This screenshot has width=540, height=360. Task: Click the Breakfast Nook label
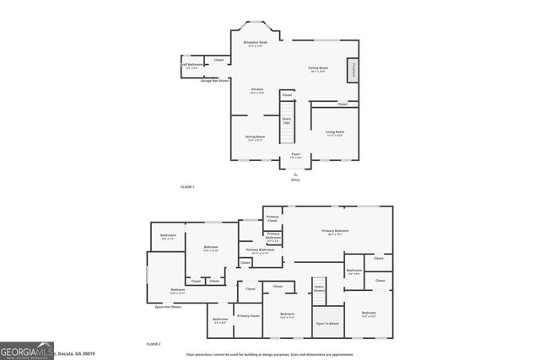tap(255, 43)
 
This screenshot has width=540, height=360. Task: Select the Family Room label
tap(316, 69)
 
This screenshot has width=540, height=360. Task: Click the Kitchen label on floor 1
tap(257, 90)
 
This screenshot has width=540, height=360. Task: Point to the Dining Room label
tap(255, 137)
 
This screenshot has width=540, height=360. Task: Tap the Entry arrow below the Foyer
tap(295, 173)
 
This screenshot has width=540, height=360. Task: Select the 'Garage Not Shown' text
tap(216, 80)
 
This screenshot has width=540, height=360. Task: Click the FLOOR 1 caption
tap(187, 185)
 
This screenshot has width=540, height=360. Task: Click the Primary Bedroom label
tap(335, 232)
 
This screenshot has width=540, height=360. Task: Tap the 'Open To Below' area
tap(327, 324)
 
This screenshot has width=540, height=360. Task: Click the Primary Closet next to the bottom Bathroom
tap(248, 316)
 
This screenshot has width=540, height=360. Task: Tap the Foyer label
tap(295, 155)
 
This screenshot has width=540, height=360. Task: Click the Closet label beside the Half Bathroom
tap(219, 60)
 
